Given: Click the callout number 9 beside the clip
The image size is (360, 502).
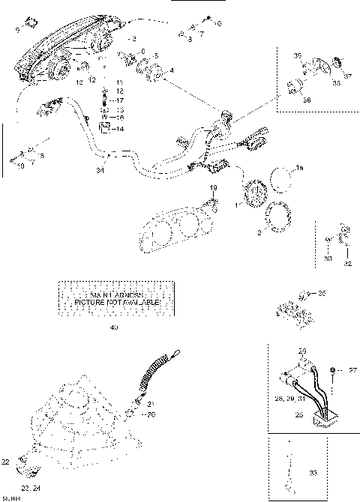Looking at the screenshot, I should (x=19, y=30).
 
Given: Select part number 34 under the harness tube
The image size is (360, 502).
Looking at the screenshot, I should (x=100, y=171).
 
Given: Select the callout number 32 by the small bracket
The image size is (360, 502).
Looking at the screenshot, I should (x=347, y=264).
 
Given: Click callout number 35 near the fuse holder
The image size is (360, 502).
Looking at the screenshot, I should (x=322, y=293).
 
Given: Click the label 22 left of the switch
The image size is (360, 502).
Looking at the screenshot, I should (x=6, y=461).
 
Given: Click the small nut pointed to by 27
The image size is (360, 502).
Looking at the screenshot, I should (x=331, y=370).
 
